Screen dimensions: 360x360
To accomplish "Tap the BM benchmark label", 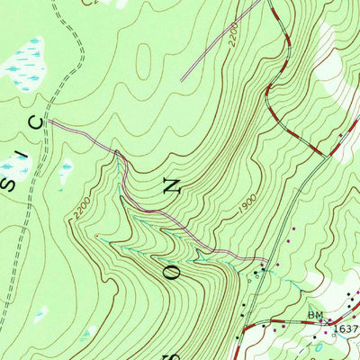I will click(315, 316).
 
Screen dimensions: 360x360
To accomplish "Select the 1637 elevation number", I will click(346, 328).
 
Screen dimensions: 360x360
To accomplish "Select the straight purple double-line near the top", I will click(225, 40).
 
